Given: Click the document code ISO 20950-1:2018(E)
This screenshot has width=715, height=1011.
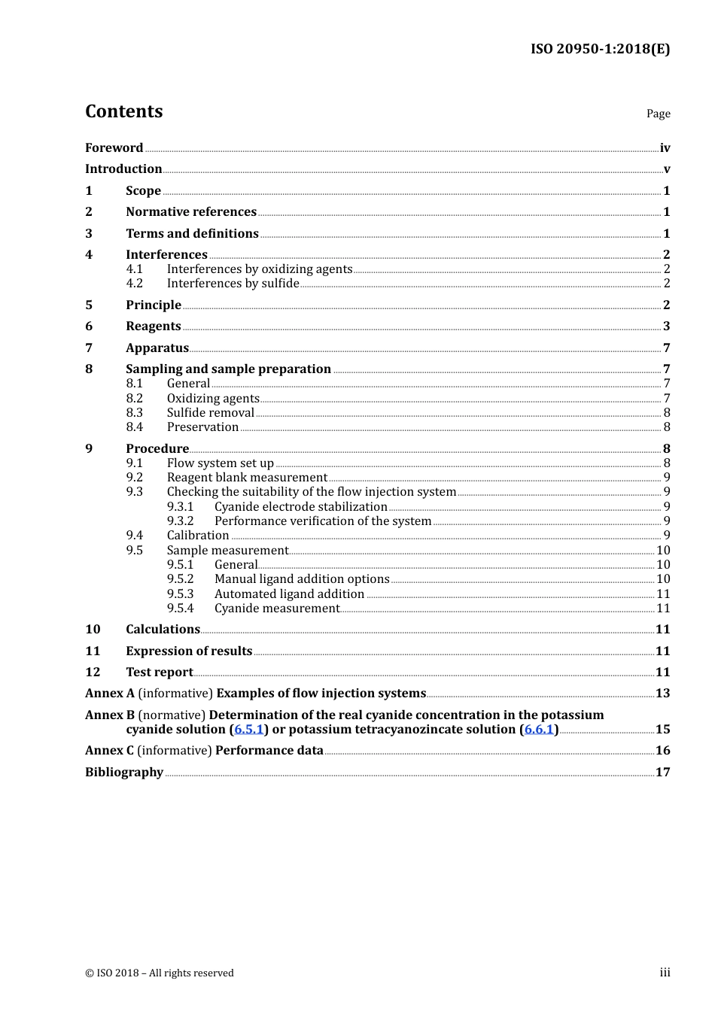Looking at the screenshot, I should pos(600,50).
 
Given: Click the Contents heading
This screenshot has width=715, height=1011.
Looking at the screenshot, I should pos(124,111).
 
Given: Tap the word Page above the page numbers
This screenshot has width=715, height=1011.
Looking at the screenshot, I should pos(658,114).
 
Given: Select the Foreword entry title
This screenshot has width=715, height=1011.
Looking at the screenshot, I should pos(114,148).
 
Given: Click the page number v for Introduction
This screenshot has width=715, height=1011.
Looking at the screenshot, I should pos(666,169).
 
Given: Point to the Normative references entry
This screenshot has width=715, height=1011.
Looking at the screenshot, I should pos(191,212).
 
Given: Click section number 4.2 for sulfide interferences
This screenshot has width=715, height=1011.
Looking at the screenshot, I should pos(135,284).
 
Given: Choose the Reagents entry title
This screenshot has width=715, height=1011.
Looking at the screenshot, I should pos(154,326).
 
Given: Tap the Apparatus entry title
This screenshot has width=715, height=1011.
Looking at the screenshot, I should pos(157,348).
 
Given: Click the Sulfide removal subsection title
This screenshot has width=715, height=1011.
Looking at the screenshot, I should pos(211,413).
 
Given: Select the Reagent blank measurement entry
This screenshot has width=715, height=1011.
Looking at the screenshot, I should pos(247,478).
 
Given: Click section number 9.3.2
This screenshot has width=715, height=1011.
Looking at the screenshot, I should pos(181,521).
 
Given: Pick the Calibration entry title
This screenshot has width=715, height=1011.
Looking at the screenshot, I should pos(198,536).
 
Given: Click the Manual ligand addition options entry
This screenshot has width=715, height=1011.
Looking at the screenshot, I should pos(302,579).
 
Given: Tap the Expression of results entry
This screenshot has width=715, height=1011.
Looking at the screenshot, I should pos(189,651).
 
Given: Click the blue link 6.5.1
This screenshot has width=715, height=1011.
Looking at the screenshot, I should pos(249,730).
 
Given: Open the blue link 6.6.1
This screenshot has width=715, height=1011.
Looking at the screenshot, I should pos(539,730).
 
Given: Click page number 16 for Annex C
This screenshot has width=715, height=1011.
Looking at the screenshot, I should pos(662,751).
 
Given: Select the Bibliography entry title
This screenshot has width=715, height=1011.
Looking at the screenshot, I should pos(124,773).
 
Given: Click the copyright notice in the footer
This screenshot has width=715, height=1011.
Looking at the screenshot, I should pos(160,973).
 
